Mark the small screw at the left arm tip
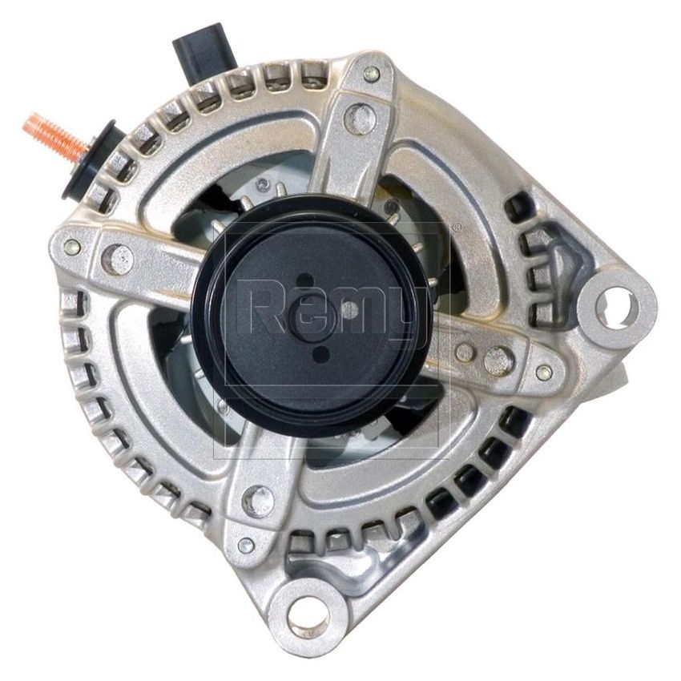pyautogui.click(x=73, y=247)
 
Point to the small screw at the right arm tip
pyautogui.click(x=544, y=372)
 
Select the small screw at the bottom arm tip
pyautogui.click(x=246, y=546)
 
